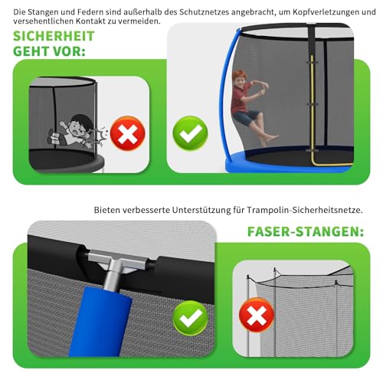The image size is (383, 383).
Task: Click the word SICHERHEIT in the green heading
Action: point(54,36)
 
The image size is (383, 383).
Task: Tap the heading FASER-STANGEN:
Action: point(306,232)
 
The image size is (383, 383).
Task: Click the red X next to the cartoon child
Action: point(127,133)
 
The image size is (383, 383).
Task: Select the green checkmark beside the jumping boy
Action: point(190,133)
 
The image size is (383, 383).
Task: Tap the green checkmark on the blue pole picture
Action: point(191,318)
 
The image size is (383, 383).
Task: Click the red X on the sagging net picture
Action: point(257,315)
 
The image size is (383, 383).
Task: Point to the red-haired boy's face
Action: point(240,80)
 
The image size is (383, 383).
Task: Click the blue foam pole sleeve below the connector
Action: point(101,322)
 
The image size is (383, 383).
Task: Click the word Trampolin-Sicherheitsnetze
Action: point(305,210)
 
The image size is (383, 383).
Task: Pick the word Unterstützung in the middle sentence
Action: point(201,210)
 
